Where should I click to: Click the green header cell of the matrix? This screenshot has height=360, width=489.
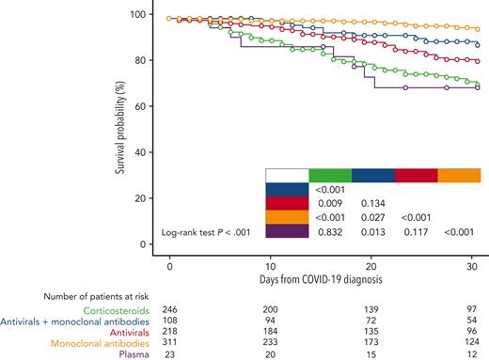[x=330, y=175]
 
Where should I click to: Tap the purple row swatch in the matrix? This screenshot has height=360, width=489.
[x=288, y=230]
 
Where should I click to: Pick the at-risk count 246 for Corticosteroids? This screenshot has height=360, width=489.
[x=170, y=309]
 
